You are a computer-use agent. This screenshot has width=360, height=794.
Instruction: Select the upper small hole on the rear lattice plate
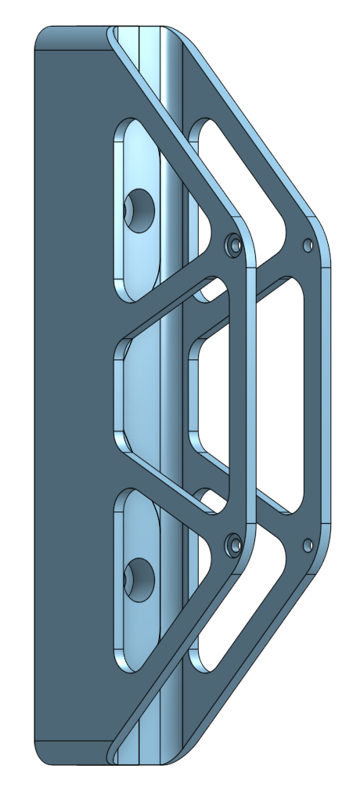(x=308, y=245)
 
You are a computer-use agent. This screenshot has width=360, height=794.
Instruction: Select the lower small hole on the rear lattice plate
(x=308, y=543)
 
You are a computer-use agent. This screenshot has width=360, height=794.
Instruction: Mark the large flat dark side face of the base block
(x=70, y=392)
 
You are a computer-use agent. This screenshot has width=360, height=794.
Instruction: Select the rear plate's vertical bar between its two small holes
(x=315, y=392)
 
